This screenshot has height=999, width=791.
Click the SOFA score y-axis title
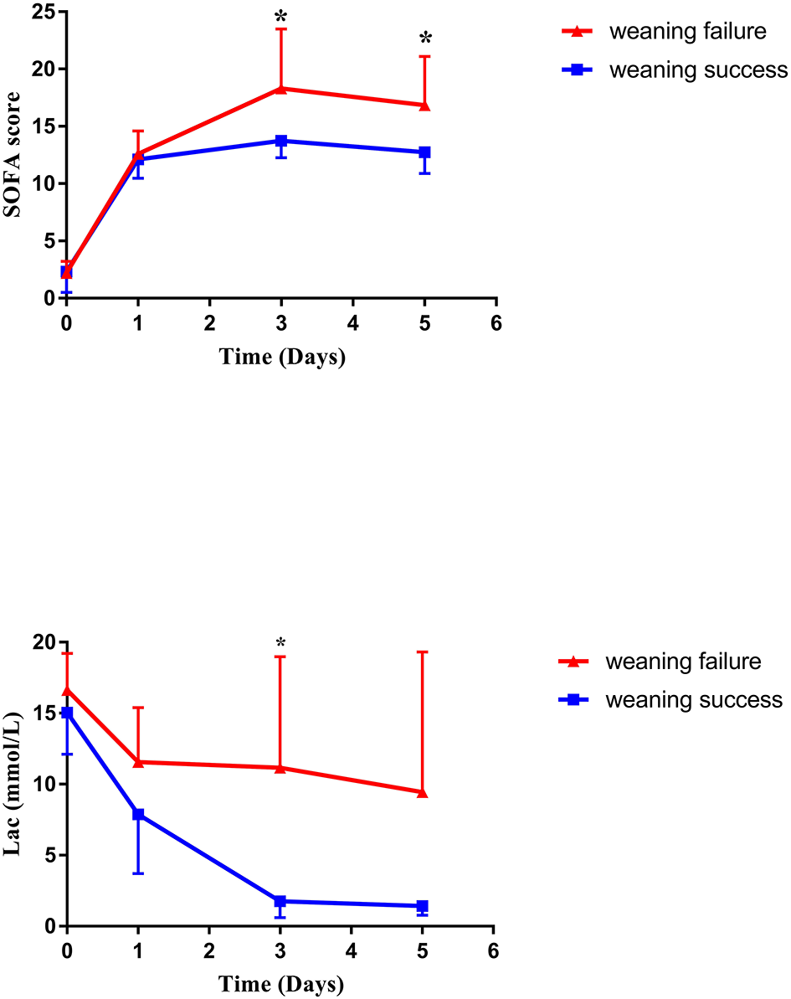tap(13, 156)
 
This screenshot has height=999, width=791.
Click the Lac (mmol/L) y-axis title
tap(13, 784)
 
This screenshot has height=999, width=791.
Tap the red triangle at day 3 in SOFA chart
tap(281, 88)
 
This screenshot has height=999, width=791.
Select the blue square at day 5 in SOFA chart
tap(424, 152)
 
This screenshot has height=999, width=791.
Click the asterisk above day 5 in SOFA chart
tap(425, 39)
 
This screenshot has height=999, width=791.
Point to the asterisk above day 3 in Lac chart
tap(280, 644)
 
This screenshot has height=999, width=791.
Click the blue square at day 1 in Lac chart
tap(138, 814)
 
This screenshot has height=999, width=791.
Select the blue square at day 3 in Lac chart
tap(280, 901)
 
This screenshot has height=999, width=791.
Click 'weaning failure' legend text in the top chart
tap(687, 32)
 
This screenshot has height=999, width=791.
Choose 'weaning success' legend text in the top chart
tap(698, 70)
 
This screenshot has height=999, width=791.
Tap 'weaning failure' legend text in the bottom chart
tap(683, 662)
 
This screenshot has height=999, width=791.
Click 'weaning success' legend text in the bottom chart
tap(694, 699)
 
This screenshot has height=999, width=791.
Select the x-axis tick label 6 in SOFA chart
tap(496, 323)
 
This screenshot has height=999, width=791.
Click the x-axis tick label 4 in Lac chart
tap(351, 952)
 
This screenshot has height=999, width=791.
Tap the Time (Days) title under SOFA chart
tap(281, 357)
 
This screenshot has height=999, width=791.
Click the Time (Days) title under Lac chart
tap(280, 983)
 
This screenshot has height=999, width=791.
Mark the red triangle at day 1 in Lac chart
tap(138, 761)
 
